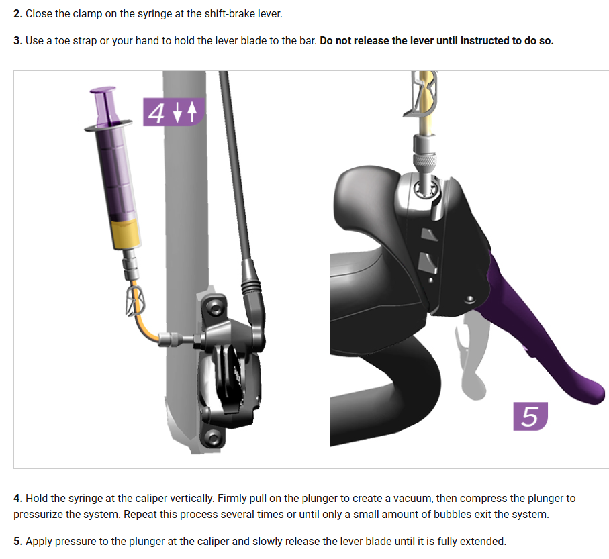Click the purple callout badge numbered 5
530,416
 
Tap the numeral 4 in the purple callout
156,113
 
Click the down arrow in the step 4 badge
177,113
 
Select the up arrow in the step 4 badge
192,112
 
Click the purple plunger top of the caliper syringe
103,106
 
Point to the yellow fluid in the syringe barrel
126,234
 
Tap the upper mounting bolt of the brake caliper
214,309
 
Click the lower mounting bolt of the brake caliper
212,438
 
